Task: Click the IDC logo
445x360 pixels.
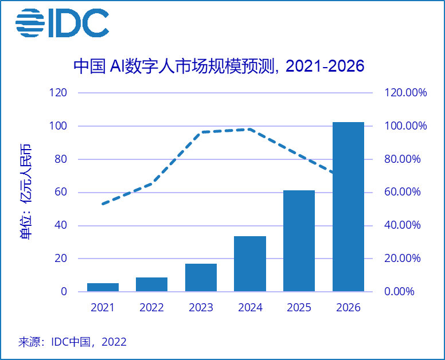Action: click(62, 23)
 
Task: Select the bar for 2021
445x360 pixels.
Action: click(103, 287)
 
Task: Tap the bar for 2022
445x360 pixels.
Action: click(152, 284)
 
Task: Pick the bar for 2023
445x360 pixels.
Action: click(201, 277)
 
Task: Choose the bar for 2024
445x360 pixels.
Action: click(250, 264)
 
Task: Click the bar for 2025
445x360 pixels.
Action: click(299, 241)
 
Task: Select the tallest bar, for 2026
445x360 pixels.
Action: click(348, 206)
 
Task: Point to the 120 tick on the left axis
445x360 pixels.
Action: click(59, 93)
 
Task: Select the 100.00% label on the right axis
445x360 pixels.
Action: click(405, 126)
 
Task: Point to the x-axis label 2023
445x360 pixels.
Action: click(201, 308)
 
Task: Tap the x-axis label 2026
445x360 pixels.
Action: click(348, 308)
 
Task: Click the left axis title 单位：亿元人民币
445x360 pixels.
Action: click(26, 192)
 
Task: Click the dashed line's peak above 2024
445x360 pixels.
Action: click(250, 129)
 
